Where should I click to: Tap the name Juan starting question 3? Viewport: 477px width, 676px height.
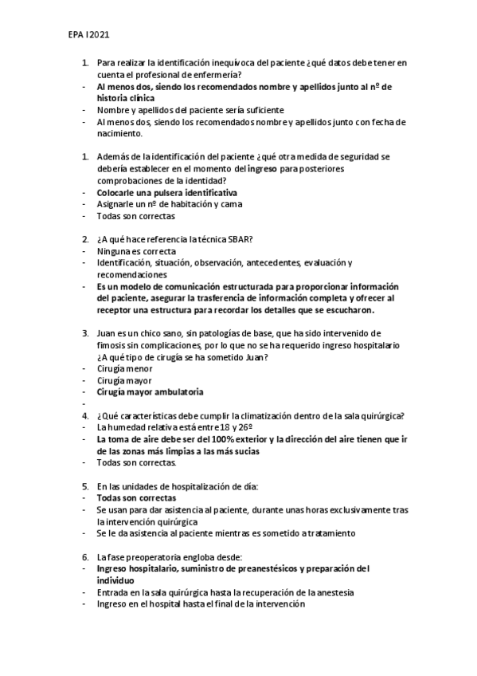point(107,332)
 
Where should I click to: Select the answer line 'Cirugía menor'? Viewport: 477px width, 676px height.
point(124,369)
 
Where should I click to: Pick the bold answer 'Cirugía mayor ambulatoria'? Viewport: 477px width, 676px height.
point(150,392)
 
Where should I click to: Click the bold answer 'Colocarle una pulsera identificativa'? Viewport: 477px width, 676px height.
point(166,193)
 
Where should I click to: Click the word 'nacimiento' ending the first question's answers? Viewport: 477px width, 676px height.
point(119,134)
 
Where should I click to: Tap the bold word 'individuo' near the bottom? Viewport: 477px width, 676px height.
point(117,580)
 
